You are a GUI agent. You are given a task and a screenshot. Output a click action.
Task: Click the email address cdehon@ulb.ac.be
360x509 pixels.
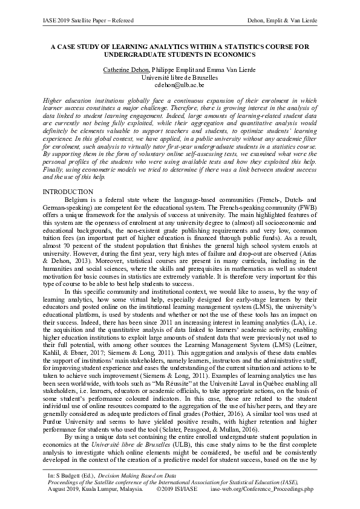(180, 86)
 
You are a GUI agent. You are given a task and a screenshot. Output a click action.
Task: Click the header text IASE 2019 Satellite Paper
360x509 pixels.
(67, 22)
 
